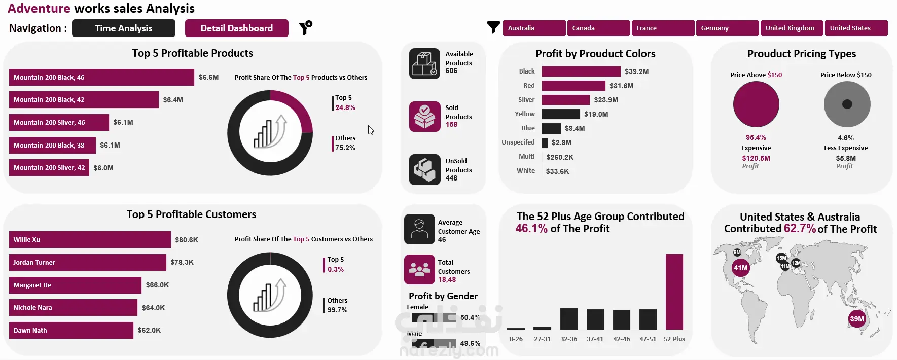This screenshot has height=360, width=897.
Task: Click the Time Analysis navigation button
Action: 124,28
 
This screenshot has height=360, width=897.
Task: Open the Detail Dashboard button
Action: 236,28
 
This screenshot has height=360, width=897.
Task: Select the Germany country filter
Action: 727,28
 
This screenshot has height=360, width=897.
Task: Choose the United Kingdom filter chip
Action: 791,28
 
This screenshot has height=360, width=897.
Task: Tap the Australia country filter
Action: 534,28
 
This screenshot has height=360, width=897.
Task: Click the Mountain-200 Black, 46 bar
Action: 101,78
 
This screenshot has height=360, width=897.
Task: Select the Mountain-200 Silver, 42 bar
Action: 49,168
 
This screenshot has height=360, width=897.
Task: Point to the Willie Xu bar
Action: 90,240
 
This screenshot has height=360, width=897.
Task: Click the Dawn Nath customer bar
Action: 71,331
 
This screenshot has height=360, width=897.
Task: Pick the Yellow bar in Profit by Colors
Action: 561,114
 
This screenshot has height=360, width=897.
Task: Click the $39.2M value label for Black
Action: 636,71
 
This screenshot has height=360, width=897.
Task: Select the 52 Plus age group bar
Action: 674,292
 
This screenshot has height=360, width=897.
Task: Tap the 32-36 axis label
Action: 569,339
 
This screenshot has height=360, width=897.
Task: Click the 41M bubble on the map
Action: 741,268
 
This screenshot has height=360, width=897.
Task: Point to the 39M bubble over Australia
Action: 857,319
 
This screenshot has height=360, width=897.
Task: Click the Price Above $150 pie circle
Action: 756,104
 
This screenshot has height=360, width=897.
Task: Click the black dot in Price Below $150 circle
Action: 847,104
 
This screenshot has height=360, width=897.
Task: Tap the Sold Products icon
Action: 425,116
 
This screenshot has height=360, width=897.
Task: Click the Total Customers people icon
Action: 419,269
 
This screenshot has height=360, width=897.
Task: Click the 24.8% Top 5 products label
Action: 345,107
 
